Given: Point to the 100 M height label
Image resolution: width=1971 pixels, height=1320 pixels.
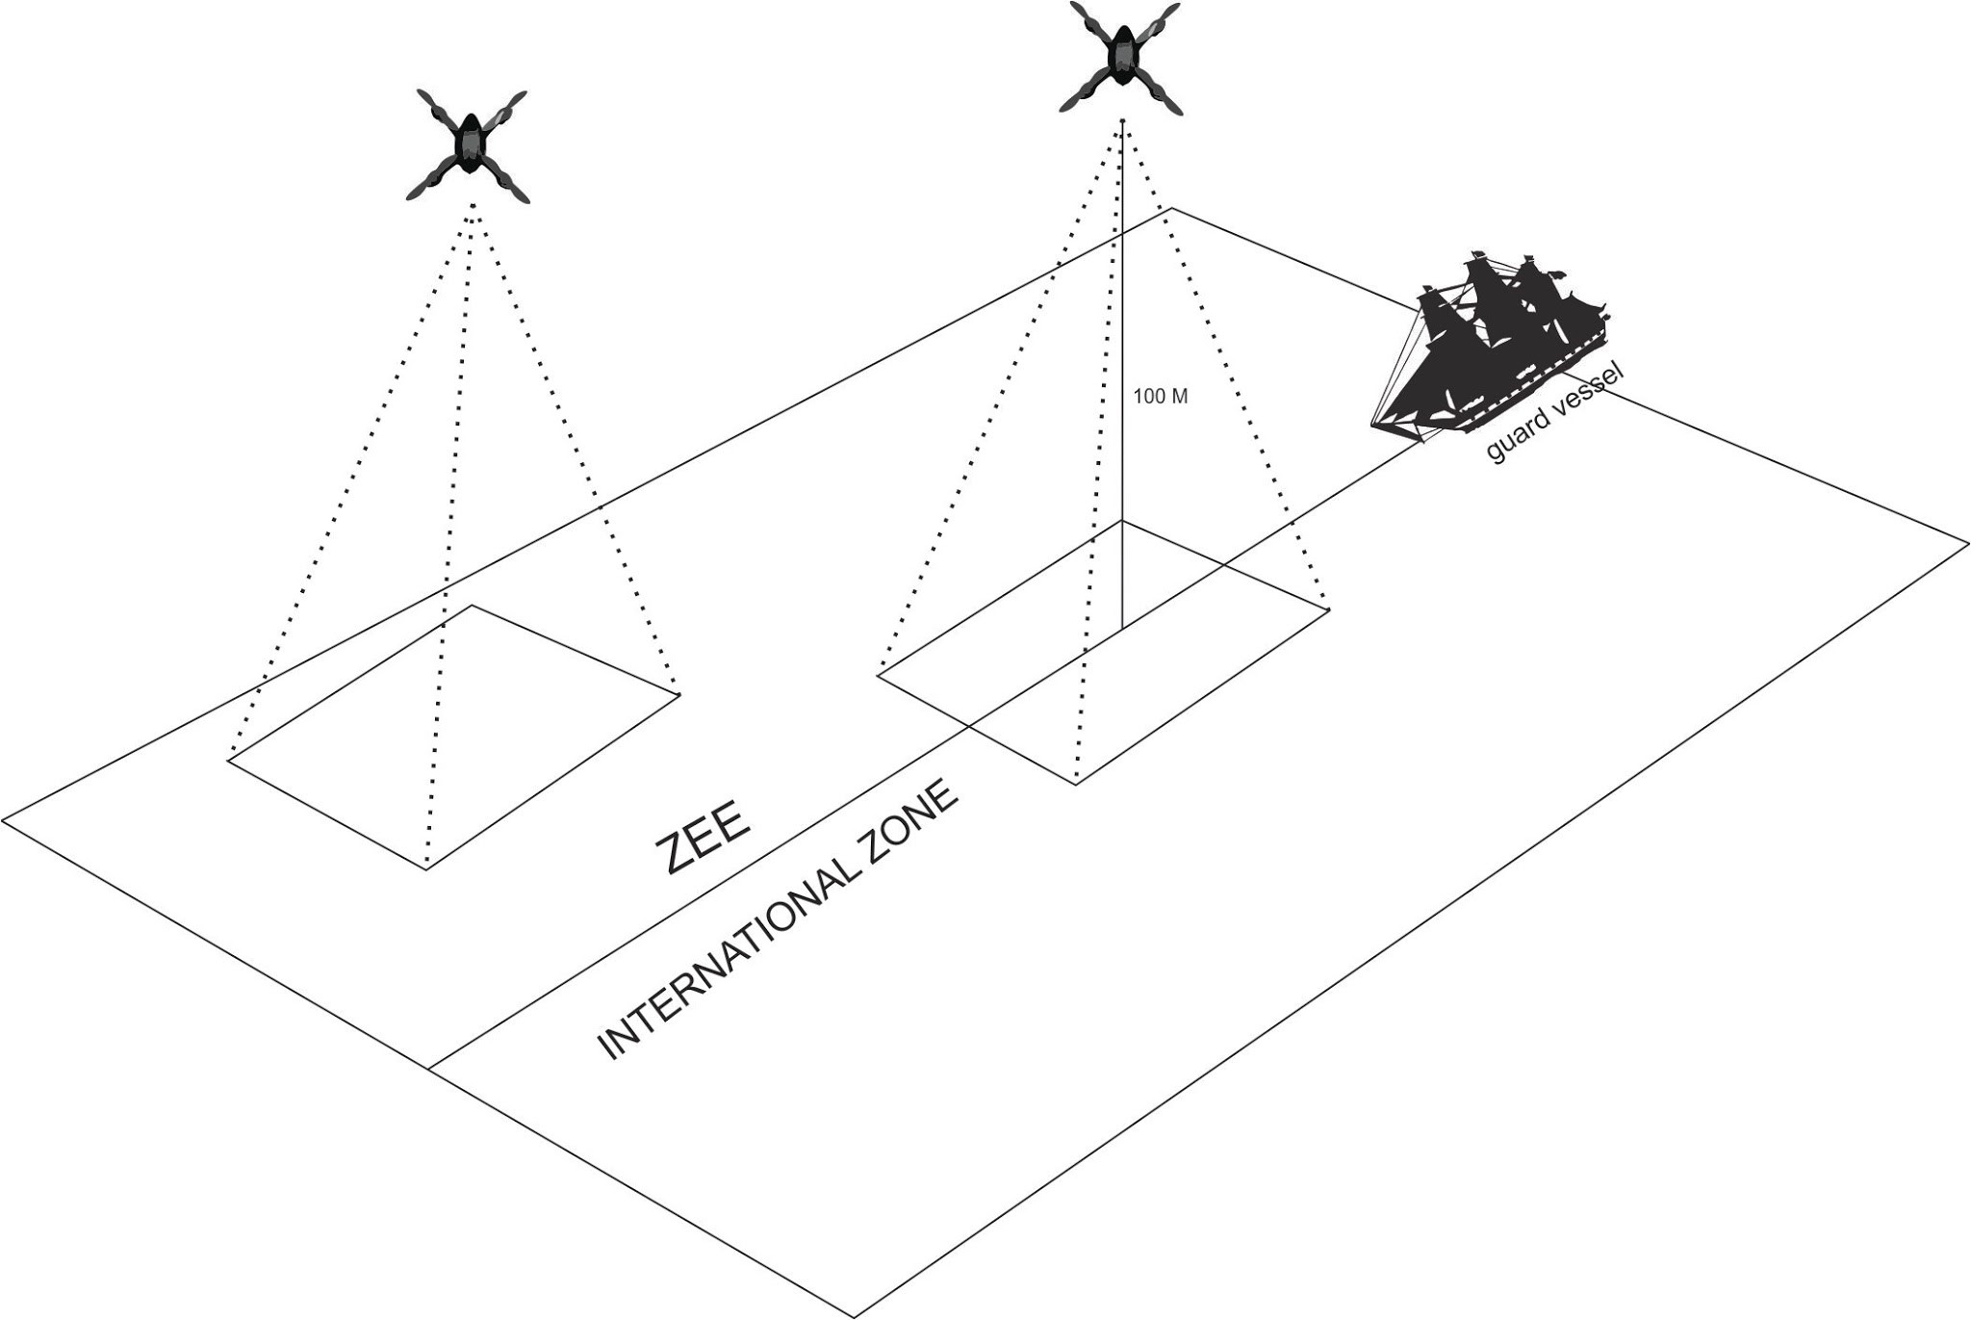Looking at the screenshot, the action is coord(1161,396).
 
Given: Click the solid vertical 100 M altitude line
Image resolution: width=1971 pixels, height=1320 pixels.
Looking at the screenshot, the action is coord(1122,375).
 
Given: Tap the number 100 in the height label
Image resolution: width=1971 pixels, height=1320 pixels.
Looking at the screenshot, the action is coord(1148,396).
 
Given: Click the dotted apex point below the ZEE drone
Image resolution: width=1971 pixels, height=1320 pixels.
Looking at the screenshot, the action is coord(473,205).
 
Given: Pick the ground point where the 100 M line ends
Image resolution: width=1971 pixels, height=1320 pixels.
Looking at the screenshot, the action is coord(1122,630).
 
